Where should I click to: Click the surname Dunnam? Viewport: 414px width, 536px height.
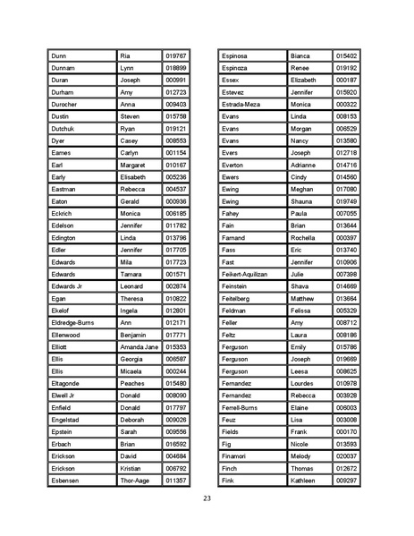point(65,68)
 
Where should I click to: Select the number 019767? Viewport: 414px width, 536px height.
point(175,55)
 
